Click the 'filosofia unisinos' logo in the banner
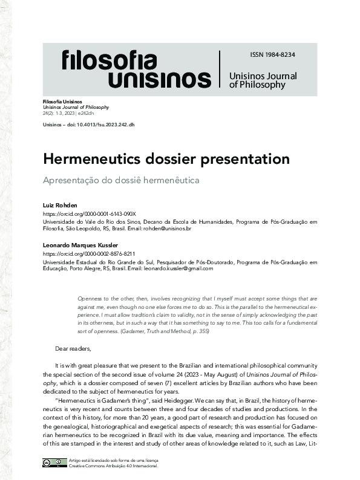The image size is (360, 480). (136, 69)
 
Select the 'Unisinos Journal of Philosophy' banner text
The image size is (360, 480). (263, 80)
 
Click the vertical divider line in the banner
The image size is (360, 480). (220, 69)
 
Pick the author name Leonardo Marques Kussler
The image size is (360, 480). (76, 245)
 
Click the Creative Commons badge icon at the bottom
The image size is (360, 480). (54, 463)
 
